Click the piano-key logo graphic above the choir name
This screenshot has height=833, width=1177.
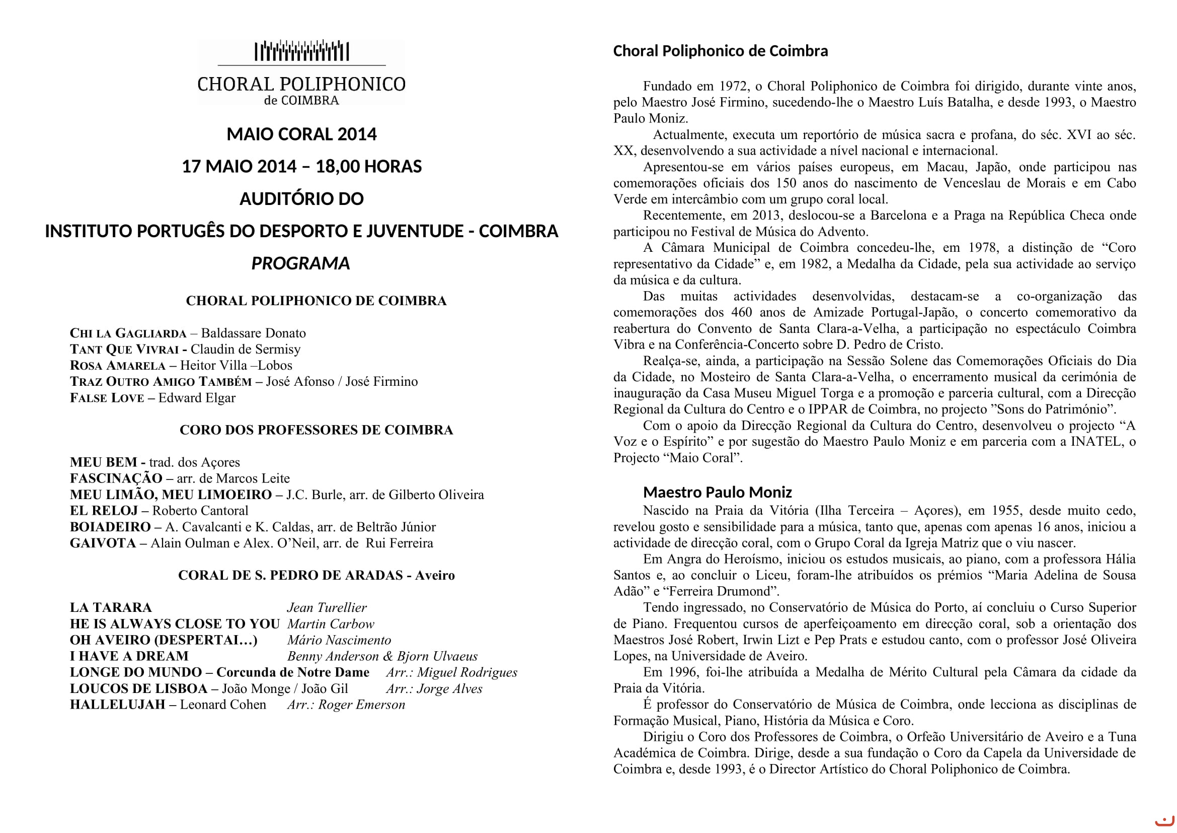[x=302, y=51]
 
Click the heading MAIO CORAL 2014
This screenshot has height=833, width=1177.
[x=301, y=134]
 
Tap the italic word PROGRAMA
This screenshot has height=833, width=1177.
[x=300, y=263]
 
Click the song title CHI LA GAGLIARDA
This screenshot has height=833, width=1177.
[x=128, y=333]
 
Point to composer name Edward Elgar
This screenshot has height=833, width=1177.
[x=197, y=398]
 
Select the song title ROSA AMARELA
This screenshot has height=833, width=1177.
[x=117, y=366]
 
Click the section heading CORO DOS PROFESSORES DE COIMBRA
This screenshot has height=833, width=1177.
[x=317, y=430]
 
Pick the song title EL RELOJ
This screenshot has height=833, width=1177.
[x=104, y=511]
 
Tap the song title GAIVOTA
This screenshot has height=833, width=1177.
[x=103, y=543]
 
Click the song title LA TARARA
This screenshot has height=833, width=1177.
[x=111, y=608]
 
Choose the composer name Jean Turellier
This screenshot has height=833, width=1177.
[x=327, y=608]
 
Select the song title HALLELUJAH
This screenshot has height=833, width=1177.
[x=117, y=705]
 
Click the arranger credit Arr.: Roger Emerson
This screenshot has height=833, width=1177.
[x=346, y=705]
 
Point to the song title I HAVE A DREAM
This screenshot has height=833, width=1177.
[x=129, y=656]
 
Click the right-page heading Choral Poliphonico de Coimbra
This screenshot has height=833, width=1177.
[x=720, y=51]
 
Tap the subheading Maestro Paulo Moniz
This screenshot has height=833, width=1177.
[x=717, y=493]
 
